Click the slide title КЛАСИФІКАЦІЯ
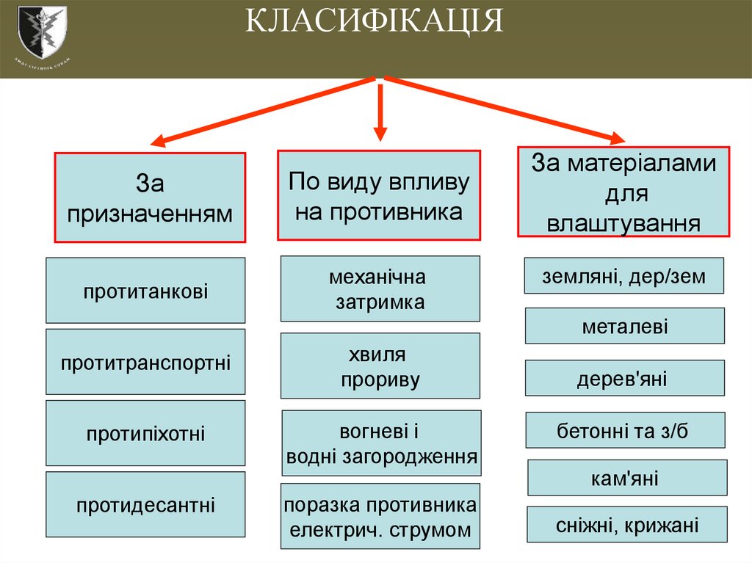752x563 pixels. pos(374,22)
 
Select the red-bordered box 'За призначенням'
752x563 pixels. pos(149,197)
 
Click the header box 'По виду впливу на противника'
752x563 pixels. pos(378,195)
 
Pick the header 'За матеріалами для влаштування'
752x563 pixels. pos(623,192)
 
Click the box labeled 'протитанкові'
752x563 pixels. pos(145,291)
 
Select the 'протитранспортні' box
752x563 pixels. pos(145,362)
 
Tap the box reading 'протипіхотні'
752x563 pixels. pos(145,433)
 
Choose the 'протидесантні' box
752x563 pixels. pos(145,504)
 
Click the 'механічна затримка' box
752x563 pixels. pos(380,288)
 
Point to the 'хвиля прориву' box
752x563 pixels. pos(380,366)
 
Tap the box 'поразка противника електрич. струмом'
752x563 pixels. pos(380,517)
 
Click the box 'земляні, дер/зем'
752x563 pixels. pos(624,276)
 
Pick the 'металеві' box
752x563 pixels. pos(624,326)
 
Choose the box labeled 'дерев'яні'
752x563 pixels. pos(624,379)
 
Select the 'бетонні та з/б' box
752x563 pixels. pos(625,430)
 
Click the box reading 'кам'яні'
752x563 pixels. pos(627,478)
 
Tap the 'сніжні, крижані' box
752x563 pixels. pos(627,525)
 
